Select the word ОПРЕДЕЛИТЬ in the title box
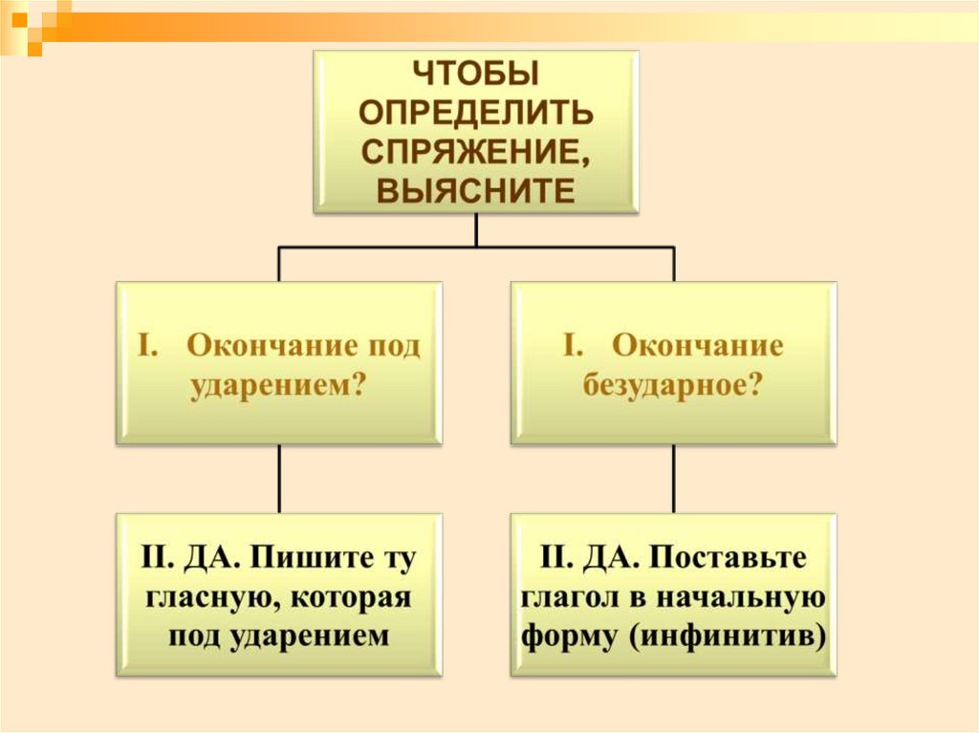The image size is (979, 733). (475, 113)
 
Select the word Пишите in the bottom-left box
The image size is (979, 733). (315, 559)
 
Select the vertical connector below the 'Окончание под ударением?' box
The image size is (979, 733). (279, 479)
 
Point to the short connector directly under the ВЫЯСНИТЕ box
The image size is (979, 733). (475, 229)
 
